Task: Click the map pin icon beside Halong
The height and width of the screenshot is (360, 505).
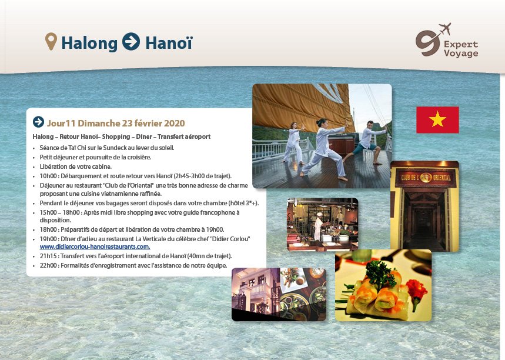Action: (x=51, y=41)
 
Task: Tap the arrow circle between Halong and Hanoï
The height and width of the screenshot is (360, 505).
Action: (x=131, y=42)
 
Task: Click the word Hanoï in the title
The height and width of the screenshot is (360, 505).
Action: (x=169, y=43)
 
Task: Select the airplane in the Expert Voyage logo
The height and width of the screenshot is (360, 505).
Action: (x=445, y=29)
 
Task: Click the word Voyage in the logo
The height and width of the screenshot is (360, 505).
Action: (x=461, y=53)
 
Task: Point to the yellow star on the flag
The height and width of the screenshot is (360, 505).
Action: (x=437, y=119)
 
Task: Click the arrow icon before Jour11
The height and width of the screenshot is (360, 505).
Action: (x=38, y=122)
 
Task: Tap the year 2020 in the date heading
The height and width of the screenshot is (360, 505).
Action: (x=174, y=123)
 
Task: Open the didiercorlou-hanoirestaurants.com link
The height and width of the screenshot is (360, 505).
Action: (x=95, y=247)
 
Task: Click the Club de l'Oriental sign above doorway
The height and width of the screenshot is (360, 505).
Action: (x=426, y=177)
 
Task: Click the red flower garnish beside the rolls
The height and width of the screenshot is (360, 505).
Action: (x=416, y=289)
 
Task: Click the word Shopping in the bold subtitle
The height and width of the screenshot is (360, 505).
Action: (x=116, y=136)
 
